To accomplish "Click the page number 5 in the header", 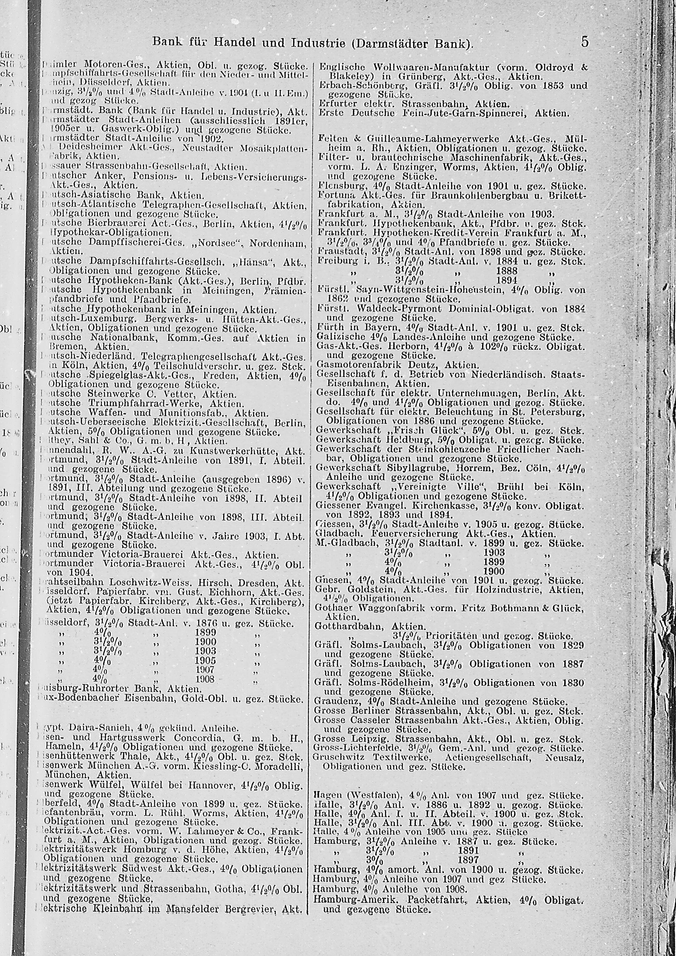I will [585, 42].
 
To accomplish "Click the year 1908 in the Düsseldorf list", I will [206, 679].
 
